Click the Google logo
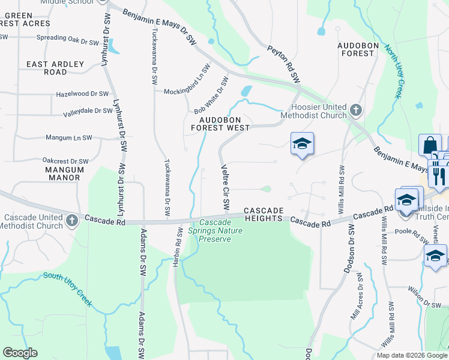click(20, 353)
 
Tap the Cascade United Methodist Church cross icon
click(72, 220)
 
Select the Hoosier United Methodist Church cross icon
click(356, 110)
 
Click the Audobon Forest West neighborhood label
click(220, 122)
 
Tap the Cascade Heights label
click(263, 214)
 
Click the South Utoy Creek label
click(67, 289)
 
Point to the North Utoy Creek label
click(393, 71)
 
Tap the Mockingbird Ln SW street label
click(187, 79)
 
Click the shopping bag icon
click(430, 145)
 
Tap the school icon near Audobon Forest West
click(303, 144)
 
